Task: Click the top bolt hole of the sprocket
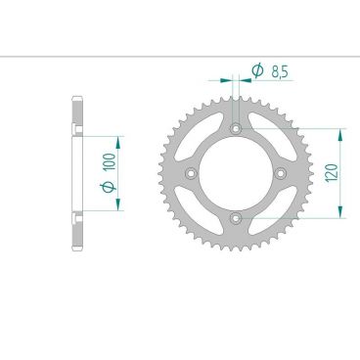235,127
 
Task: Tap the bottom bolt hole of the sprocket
235,217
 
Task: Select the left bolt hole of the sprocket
190,173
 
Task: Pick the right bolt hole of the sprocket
280,173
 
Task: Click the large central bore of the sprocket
235,173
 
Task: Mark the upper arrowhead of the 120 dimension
340,132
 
